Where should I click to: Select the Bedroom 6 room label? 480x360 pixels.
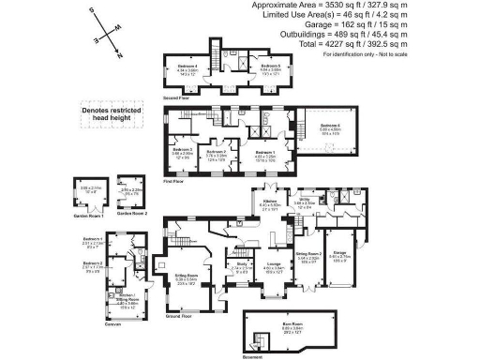pyautogui.click(x=328, y=126)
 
